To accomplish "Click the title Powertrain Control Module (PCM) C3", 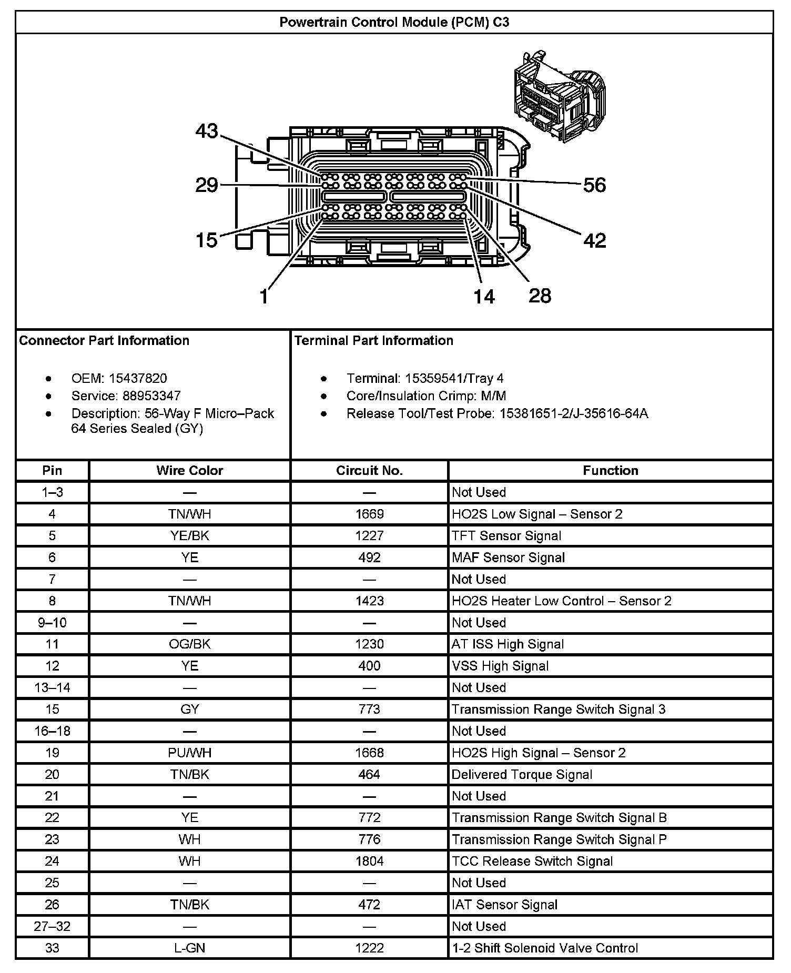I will click(x=394, y=22).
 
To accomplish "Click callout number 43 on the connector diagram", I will click(x=207, y=131).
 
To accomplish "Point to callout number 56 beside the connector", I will click(x=594, y=185).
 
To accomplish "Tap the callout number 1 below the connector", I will click(x=264, y=297).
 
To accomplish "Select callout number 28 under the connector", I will click(x=540, y=296).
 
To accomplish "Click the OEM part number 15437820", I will click(x=138, y=378).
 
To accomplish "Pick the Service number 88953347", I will click(x=151, y=396).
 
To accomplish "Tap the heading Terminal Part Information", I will click(x=373, y=340).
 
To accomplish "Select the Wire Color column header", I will click(x=189, y=470).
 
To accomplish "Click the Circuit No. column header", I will click(x=369, y=470).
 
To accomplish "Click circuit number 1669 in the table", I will click(x=369, y=514).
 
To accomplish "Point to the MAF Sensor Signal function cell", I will click(x=508, y=558).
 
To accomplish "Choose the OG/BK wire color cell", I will click(x=189, y=644).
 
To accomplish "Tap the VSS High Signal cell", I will click(x=500, y=666).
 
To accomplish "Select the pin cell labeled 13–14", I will click(x=52, y=687).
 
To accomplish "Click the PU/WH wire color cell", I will click(x=189, y=753).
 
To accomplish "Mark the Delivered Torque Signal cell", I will click(x=522, y=774).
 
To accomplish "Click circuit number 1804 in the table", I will click(x=369, y=861).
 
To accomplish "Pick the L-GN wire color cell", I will click(x=189, y=948).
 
